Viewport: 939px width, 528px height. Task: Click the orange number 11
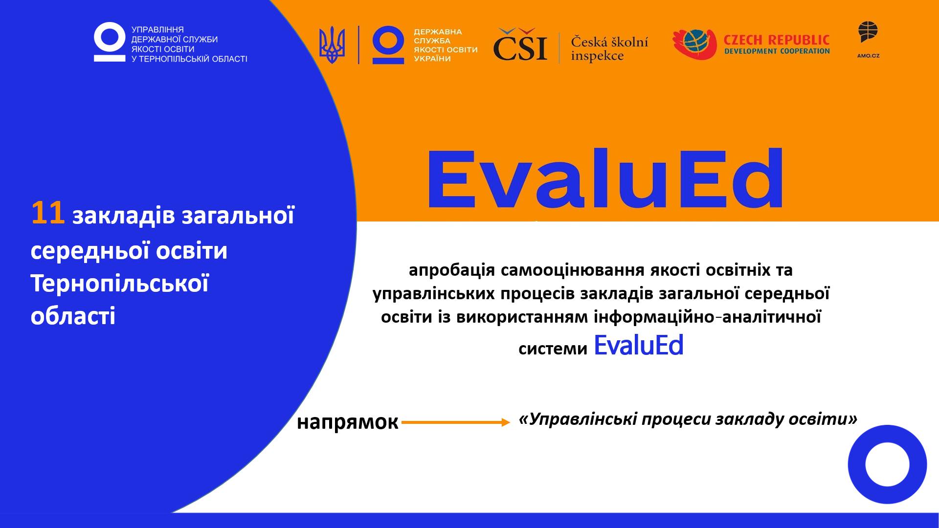48,214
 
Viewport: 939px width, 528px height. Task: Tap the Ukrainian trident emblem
332,45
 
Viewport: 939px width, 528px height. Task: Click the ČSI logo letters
520,45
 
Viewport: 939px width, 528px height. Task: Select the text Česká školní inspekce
609,48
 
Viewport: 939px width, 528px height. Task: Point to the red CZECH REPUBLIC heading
777,40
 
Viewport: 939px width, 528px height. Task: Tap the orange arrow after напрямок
456,422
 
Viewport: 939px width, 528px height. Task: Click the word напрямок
347,422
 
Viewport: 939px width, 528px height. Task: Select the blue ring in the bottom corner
887,464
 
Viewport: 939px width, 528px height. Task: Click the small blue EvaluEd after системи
638,345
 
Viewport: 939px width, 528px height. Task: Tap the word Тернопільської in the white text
120,283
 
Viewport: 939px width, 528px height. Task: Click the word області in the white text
73,316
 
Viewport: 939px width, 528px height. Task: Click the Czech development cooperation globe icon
694,44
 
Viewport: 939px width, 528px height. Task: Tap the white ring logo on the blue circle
110,42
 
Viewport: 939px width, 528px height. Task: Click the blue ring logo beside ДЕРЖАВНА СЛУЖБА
388,45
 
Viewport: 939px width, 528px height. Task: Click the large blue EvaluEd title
605,179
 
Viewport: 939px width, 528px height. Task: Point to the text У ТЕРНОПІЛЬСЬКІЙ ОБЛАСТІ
189,59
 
